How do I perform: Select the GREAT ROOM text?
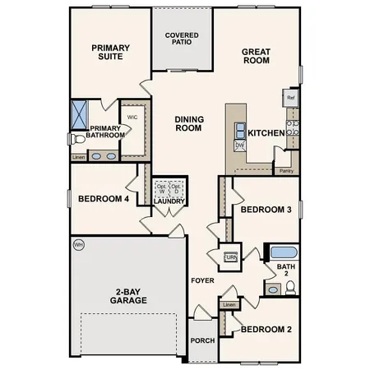click(x=256, y=57)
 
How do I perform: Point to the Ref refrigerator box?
click(x=290, y=97)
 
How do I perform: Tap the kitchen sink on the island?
click(x=240, y=129)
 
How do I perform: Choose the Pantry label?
click(x=286, y=171)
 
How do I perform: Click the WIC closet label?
click(x=132, y=117)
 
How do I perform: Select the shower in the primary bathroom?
click(x=80, y=113)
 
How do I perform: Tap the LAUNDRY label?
click(x=169, y=201)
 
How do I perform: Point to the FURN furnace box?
click(x=230, y=257)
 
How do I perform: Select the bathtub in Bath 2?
click(x=284, y=252)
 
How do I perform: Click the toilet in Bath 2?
click(x=289, y=287)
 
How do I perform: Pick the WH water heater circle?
click(x=79, y=244)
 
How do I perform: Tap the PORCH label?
click(x=202, y=340)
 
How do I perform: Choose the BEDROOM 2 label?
click(x=266, y=329)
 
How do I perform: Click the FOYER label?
click(x=202, y=280)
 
